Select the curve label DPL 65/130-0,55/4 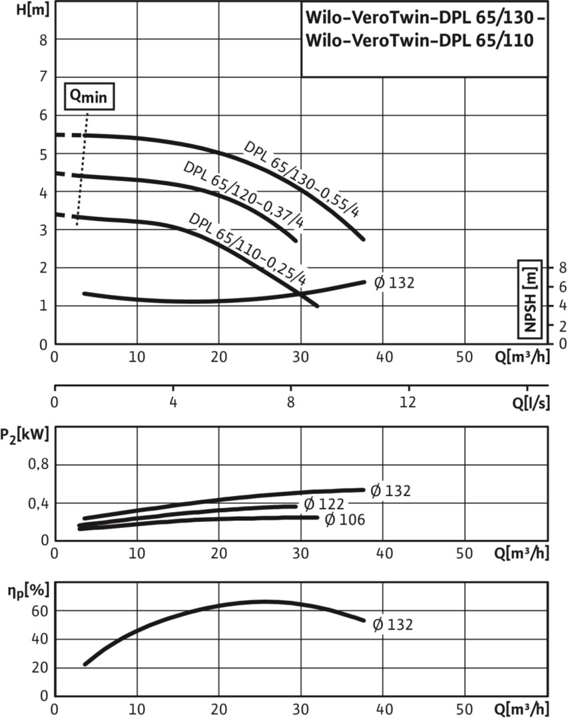coord(302,179)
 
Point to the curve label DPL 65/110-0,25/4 coord(248,248)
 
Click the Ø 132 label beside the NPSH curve coord(394,283)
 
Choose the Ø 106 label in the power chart coord(344,519)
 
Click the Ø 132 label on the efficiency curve coord(393,624)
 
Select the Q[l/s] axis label coord(531,403)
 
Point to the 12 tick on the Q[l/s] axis coord(408,401)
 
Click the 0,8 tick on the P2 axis coord(39,465)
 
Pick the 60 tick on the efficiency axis coord(39,610)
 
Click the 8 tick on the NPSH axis coord(561,268)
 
